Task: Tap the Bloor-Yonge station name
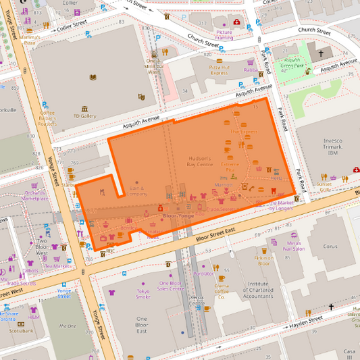(x=178, y=215)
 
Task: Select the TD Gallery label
(x=85, y=115)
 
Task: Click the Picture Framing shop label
(x=224, y=35)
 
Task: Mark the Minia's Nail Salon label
(x=295, y=246)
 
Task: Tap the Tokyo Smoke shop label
(x=143, y=294)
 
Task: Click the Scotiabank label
(x=21, y=331)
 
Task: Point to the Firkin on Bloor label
(x=263, y=261)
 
